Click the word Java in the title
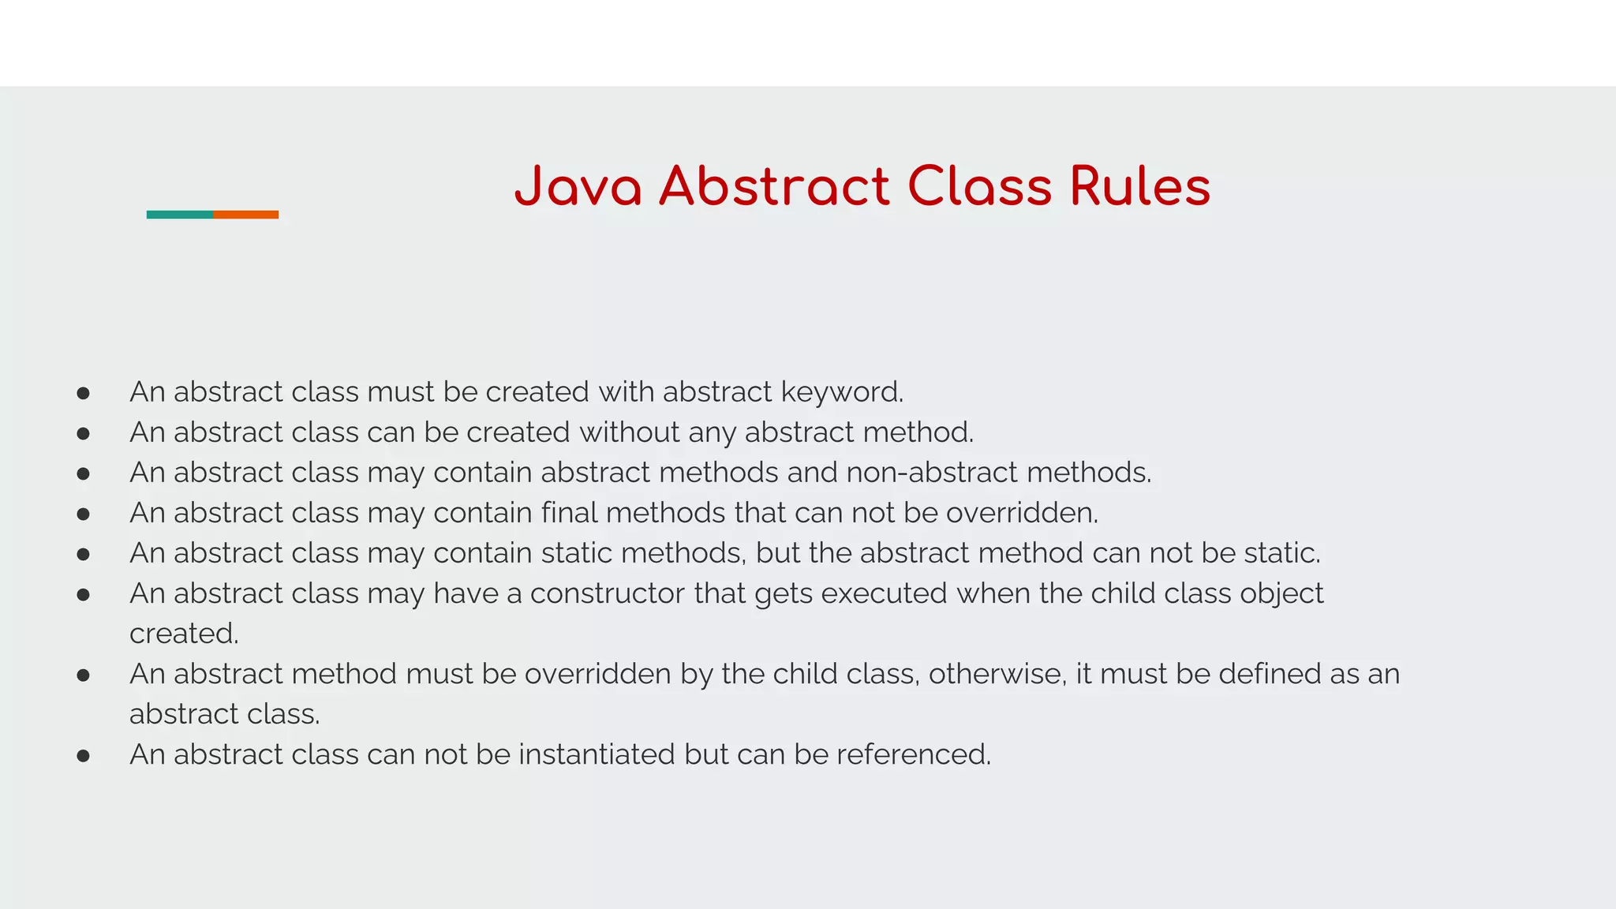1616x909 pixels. [x=578, y=187]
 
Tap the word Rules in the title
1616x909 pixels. [x=1139, y=187]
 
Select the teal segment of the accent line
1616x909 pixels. [x=180, y=215]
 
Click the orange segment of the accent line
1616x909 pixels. [x=245, y=215]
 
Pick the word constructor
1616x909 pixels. [x=607, y=593]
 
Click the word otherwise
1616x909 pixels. [x=997, y=674]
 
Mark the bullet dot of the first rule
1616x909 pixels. [x=84, y=393]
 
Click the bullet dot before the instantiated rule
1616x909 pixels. [x=84, y=756]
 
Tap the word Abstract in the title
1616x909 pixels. [x=774, y=187]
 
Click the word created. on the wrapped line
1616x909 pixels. [x=184, y=634]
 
